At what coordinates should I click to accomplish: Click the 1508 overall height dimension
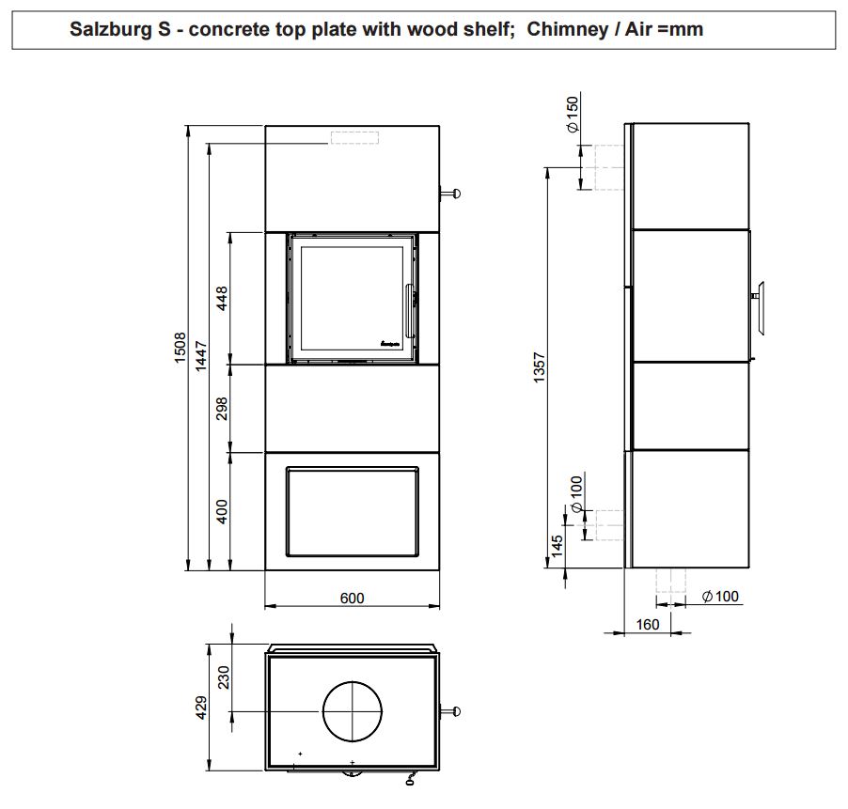coord(181,348)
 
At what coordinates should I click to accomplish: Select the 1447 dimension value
coord(201,355)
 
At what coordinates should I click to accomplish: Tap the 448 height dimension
coord(222,298)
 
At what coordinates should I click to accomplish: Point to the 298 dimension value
coord(222,409)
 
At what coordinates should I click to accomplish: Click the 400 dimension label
coord(222,511)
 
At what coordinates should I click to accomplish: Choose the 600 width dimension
coord(352,599)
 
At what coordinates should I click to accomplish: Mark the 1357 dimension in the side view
coord(540,367)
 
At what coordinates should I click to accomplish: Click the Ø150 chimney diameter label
coord(573,114)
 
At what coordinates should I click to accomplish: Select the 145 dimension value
coord(557,546)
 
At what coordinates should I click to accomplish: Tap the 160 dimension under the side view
coord(648,625)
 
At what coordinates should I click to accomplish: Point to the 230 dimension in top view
coord(224,677)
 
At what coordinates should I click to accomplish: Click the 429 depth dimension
coord(201,708)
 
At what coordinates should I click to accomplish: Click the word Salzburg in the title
coord(112,29)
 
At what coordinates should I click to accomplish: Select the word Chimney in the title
coord(568,28)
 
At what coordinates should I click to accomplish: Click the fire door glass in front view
coord(352,298)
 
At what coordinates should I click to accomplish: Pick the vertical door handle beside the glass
coord(408,310)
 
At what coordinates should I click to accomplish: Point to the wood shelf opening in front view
coord(352,511)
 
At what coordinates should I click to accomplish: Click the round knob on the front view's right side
coord(456,193)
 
